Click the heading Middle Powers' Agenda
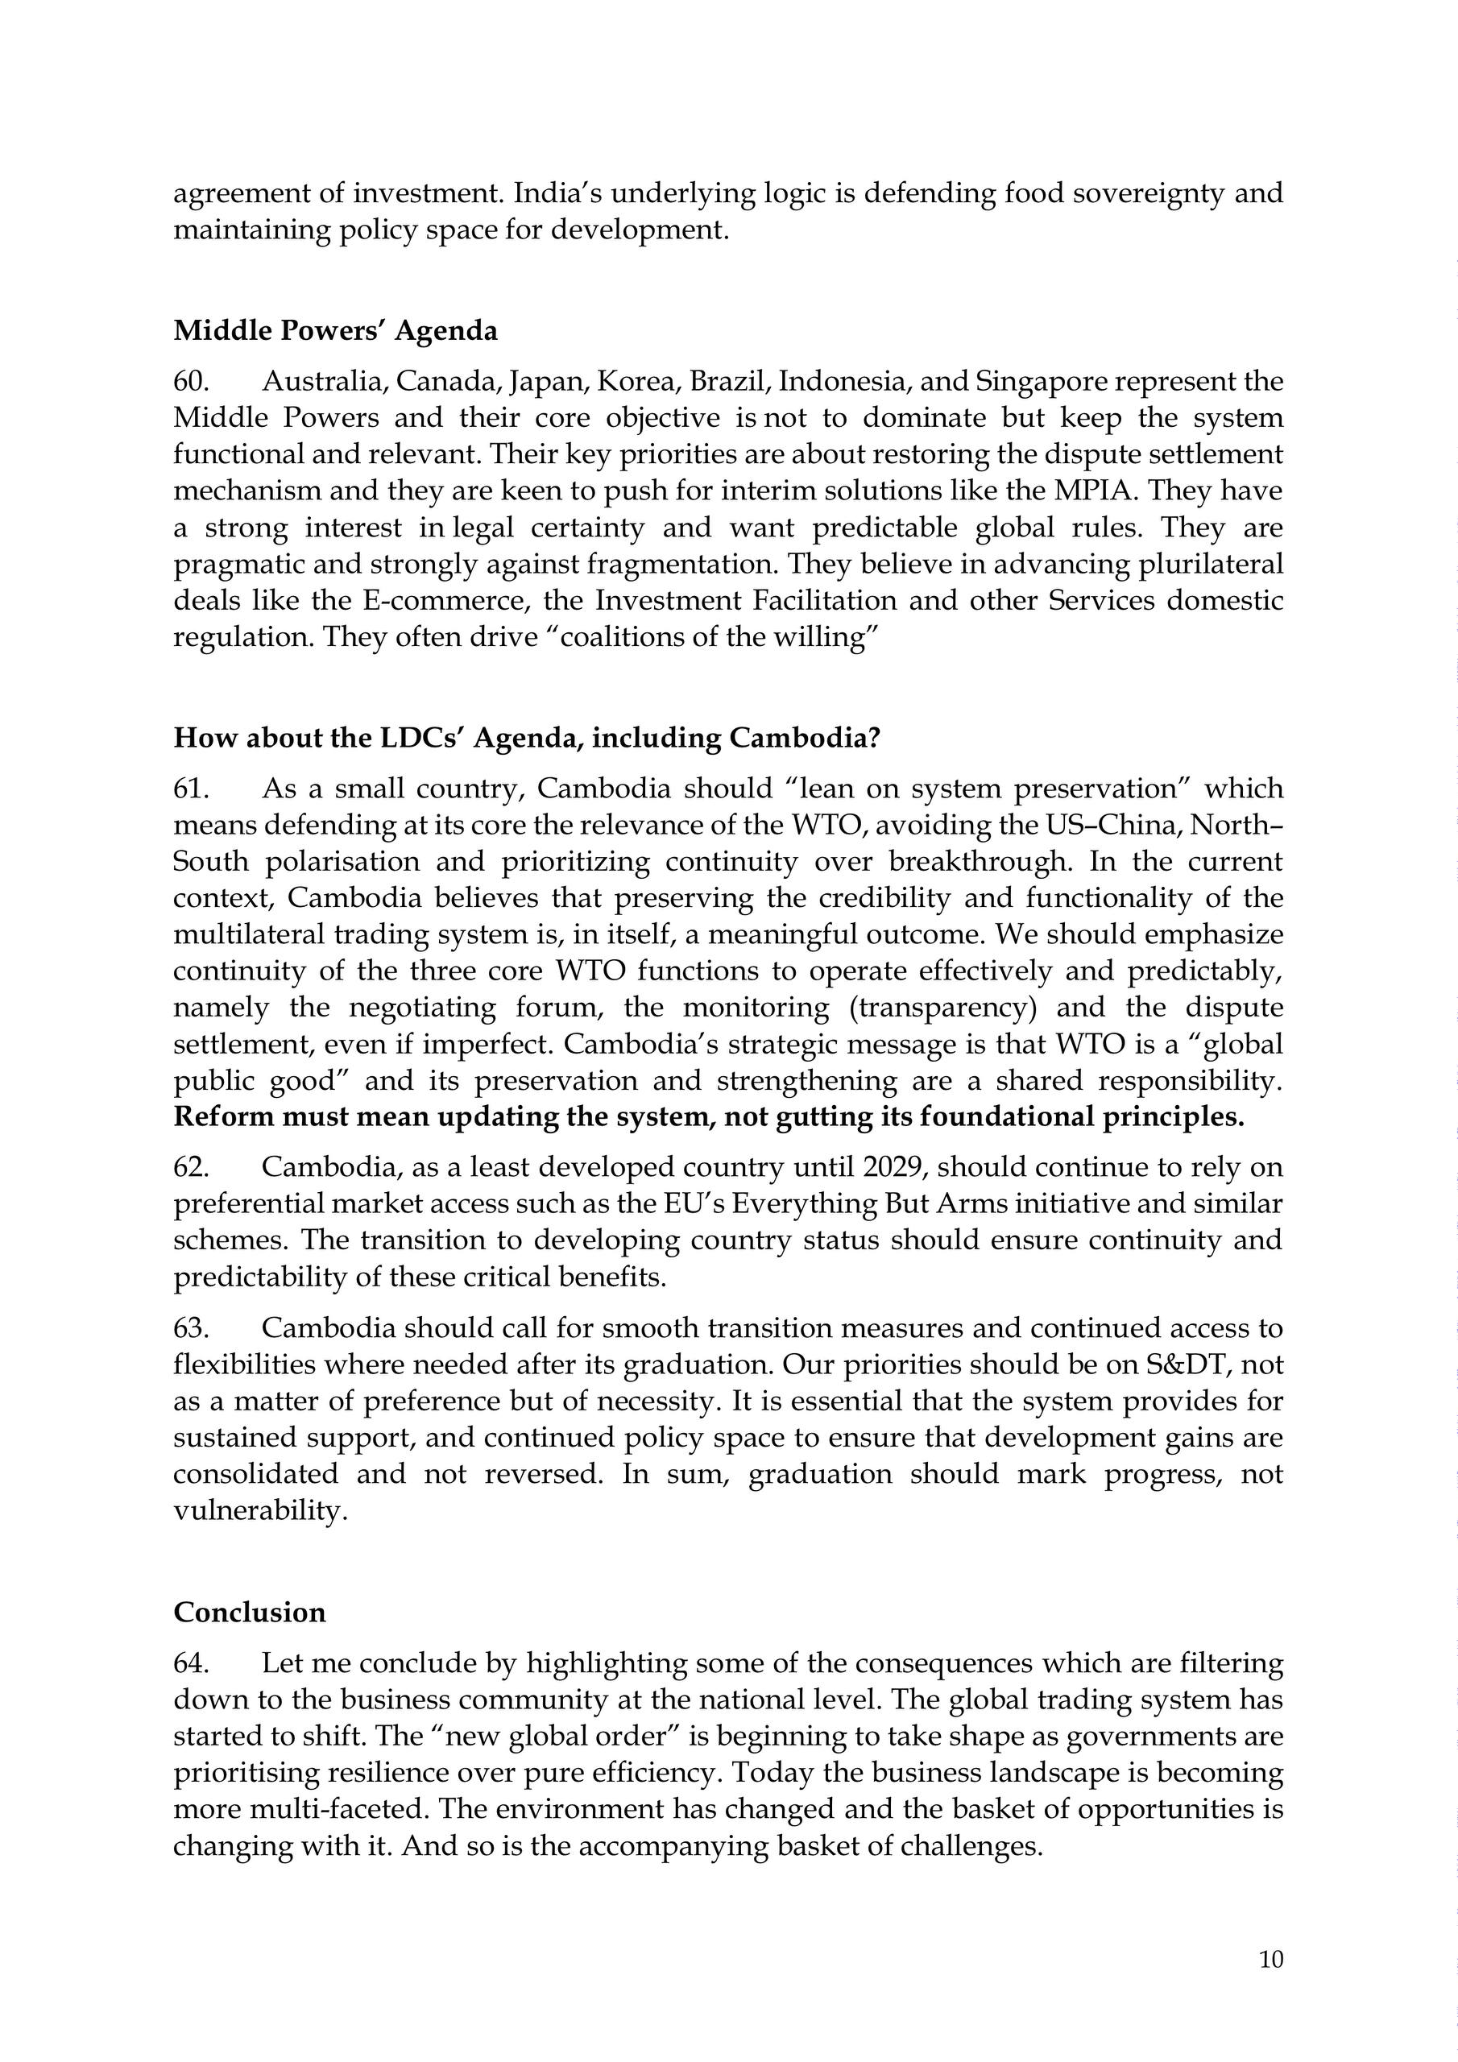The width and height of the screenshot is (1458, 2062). pyautogui.click(x=335, y=331)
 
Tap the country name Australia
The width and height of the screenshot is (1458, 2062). pyautogui.click(x=325, y=382)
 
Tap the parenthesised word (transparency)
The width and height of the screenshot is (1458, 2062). pyautogui.click(x=942, y=1008)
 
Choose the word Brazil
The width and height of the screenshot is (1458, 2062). pyautogui.click(x=727, y=382)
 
